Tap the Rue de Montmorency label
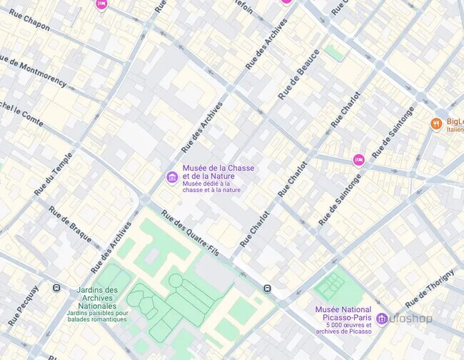33,71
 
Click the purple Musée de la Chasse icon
171,177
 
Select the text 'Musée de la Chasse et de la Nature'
218,172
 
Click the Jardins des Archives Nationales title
97,299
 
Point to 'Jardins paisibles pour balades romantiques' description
97,316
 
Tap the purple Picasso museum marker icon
382,318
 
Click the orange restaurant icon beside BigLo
435,124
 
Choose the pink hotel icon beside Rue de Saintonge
358,160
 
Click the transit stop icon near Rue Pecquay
56,288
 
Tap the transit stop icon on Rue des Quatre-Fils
267,289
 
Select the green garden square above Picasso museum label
330,286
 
